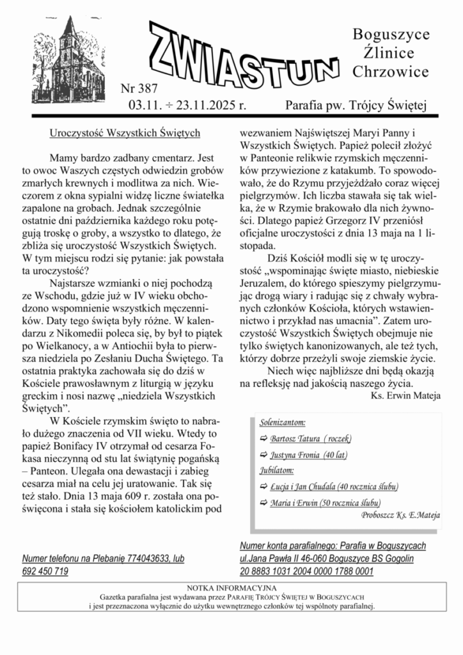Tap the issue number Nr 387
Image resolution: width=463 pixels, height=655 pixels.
tap(139, 88)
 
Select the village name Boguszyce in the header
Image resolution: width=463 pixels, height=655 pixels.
tap(391, 34)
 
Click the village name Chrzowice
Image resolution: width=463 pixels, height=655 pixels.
tap(391, 72)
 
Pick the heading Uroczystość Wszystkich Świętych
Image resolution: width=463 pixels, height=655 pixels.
tap(125, 132)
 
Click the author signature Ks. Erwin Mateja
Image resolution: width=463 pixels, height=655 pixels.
tap(405, 395)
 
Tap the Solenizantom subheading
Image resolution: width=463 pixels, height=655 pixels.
tap(282, 423)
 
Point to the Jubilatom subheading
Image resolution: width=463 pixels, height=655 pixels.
tap(277, 470)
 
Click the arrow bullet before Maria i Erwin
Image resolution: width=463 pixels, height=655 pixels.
tap(264, 503)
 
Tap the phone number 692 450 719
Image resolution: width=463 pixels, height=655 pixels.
tap(45, 571)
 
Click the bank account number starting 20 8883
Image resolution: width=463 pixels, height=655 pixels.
tap(306, 571)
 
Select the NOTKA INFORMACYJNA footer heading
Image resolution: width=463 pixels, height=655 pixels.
tap(231, 587)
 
